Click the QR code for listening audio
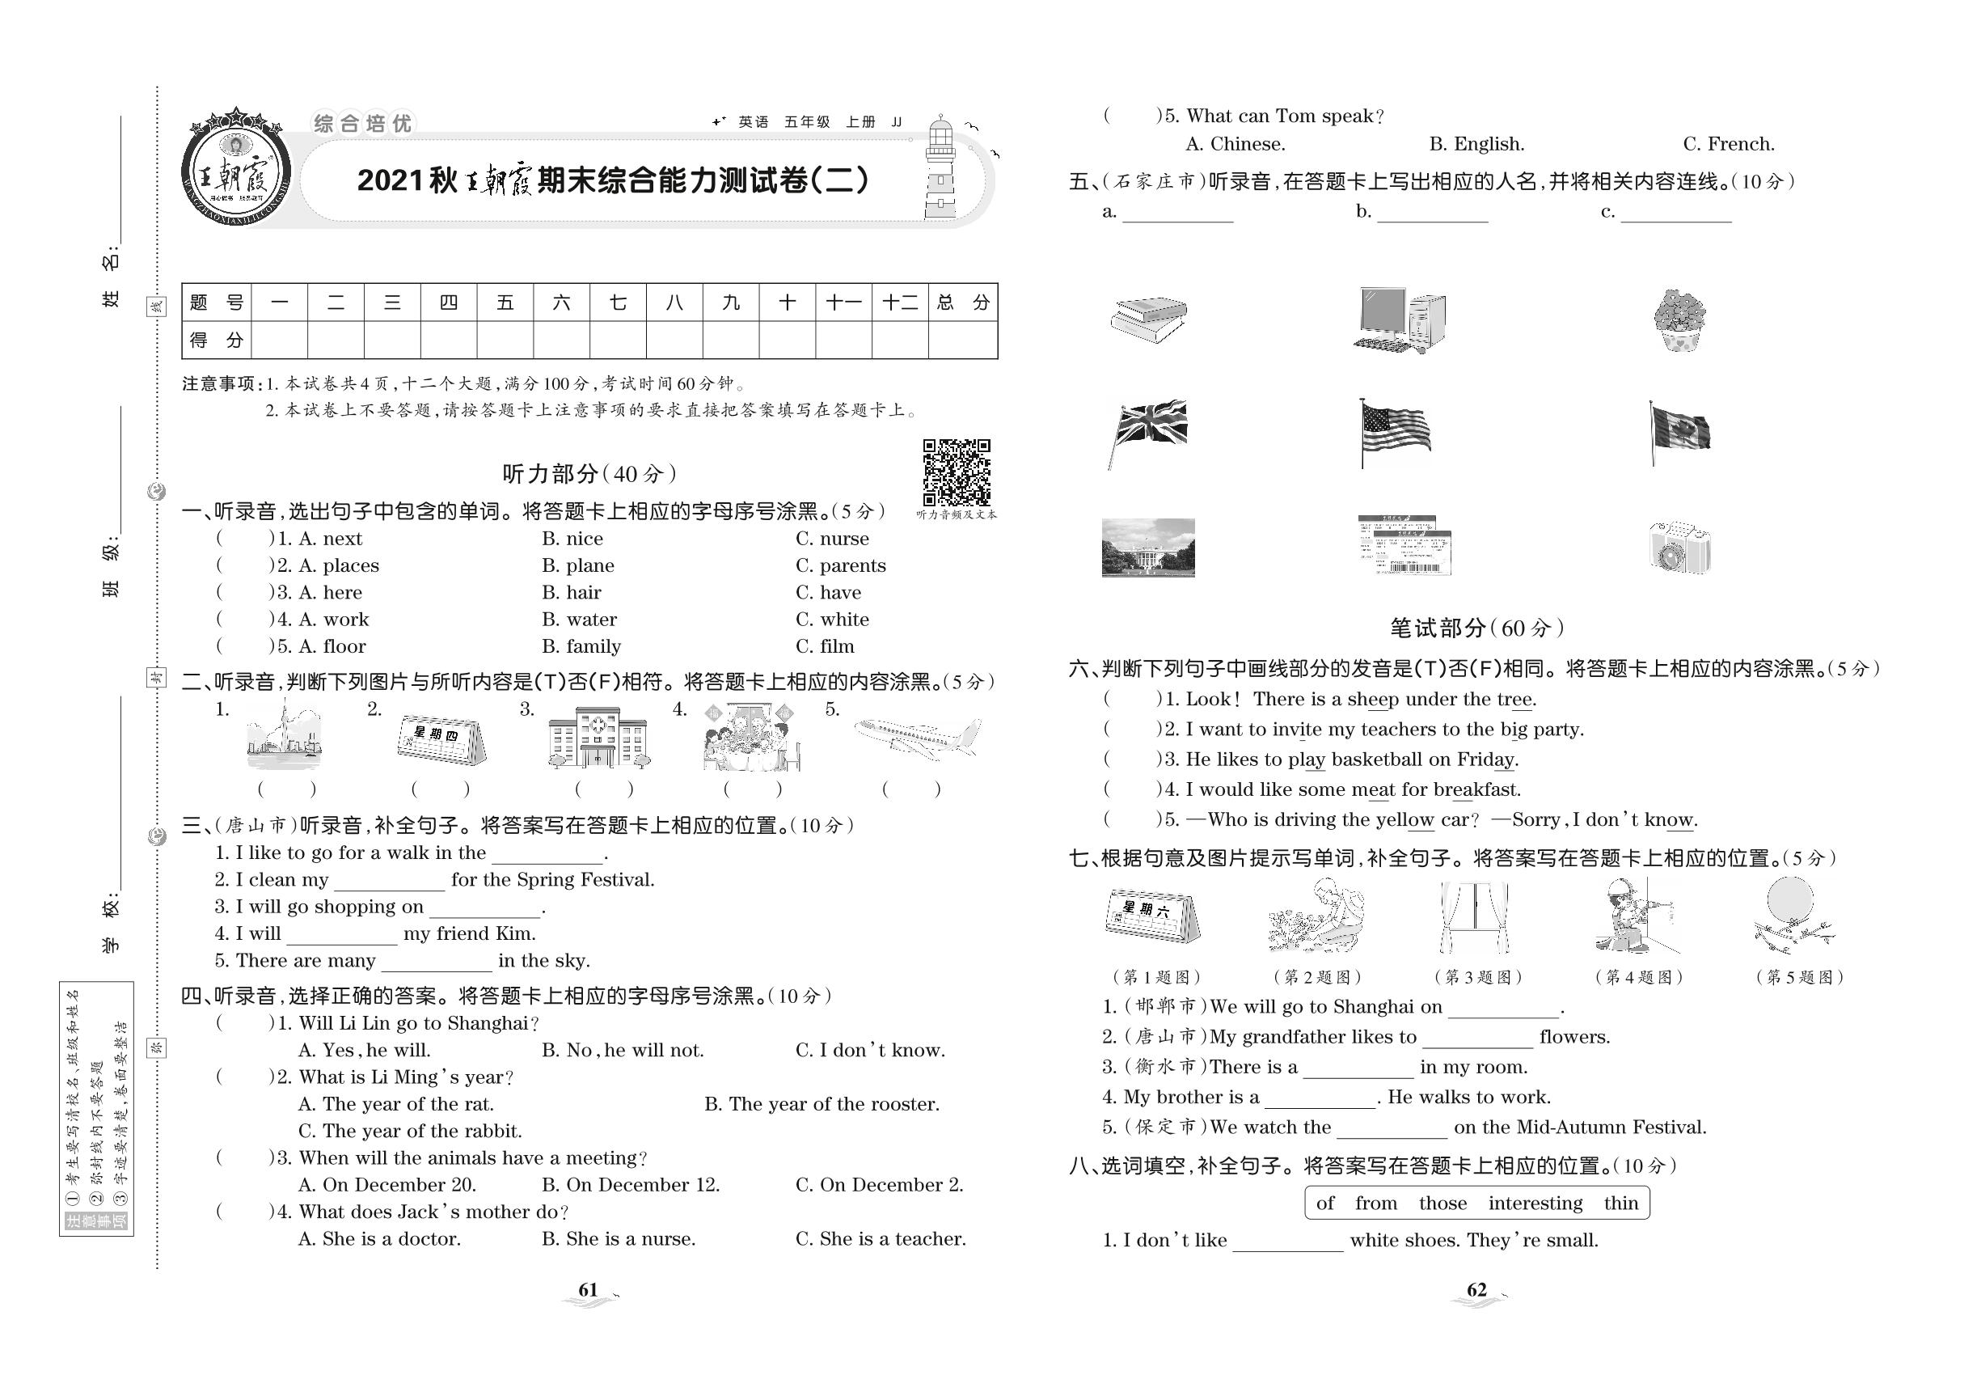tap(956, 472)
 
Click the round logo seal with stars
tap(235, 170)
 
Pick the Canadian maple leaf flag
tap(1679, 431)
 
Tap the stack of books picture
tap(1148, 319)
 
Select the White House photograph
tap(1148, 547)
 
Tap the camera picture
tap(1679, 548)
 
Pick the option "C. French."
tap(1728, 145)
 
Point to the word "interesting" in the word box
tap(1535, 1204)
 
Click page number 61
tap(589, 1290)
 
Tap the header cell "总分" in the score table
tap(963, 302)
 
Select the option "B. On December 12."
tap(631, 1186)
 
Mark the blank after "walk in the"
tap(547, 855)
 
